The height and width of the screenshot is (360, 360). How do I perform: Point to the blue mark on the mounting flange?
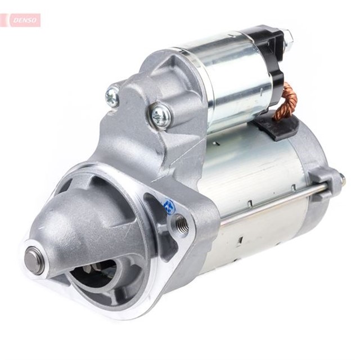[169, 206]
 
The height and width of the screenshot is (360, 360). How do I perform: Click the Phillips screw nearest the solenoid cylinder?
[161, 115]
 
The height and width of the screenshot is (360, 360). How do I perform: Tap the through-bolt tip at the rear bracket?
[341, 180]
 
